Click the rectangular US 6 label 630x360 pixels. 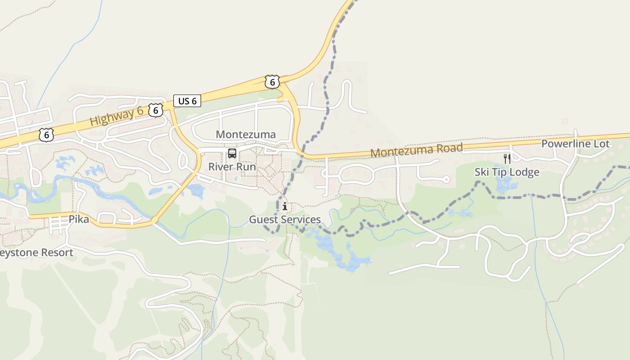click(187, 101)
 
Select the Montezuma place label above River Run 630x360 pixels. click(246, 135)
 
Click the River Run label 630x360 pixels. click(232, 167)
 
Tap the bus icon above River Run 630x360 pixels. click(232, 153)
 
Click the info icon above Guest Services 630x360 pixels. click(285, 207)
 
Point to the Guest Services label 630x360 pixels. click(285, 220)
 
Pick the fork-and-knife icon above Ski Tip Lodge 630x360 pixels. click(507, 158)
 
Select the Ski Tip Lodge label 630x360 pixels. click(507, 172)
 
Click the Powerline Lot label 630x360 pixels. click(575, 144)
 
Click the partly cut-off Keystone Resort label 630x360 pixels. click(36, 252)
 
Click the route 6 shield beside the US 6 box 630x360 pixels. click(155, 110)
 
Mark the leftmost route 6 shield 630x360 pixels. click(46, 135)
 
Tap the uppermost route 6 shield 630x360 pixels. click(272, 81)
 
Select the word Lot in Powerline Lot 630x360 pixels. click(601, 144)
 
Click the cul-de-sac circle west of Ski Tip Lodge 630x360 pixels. click(446, 180)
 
